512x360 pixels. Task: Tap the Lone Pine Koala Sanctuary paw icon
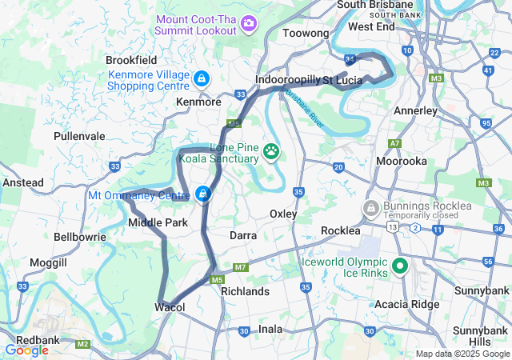point(272,150)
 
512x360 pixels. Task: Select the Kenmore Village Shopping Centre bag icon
point(202,78)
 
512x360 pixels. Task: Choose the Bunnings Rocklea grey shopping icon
point(370,209)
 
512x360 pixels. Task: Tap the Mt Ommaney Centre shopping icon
point(204,194)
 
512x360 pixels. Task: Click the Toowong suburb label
point(306,34)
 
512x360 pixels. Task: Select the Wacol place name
point(170,308)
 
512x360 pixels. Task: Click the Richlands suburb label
point(245,292)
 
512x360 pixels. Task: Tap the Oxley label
point(283,214)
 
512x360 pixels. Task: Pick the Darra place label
point(243,236)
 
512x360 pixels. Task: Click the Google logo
point(27,350)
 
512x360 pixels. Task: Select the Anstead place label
point(23,182)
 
